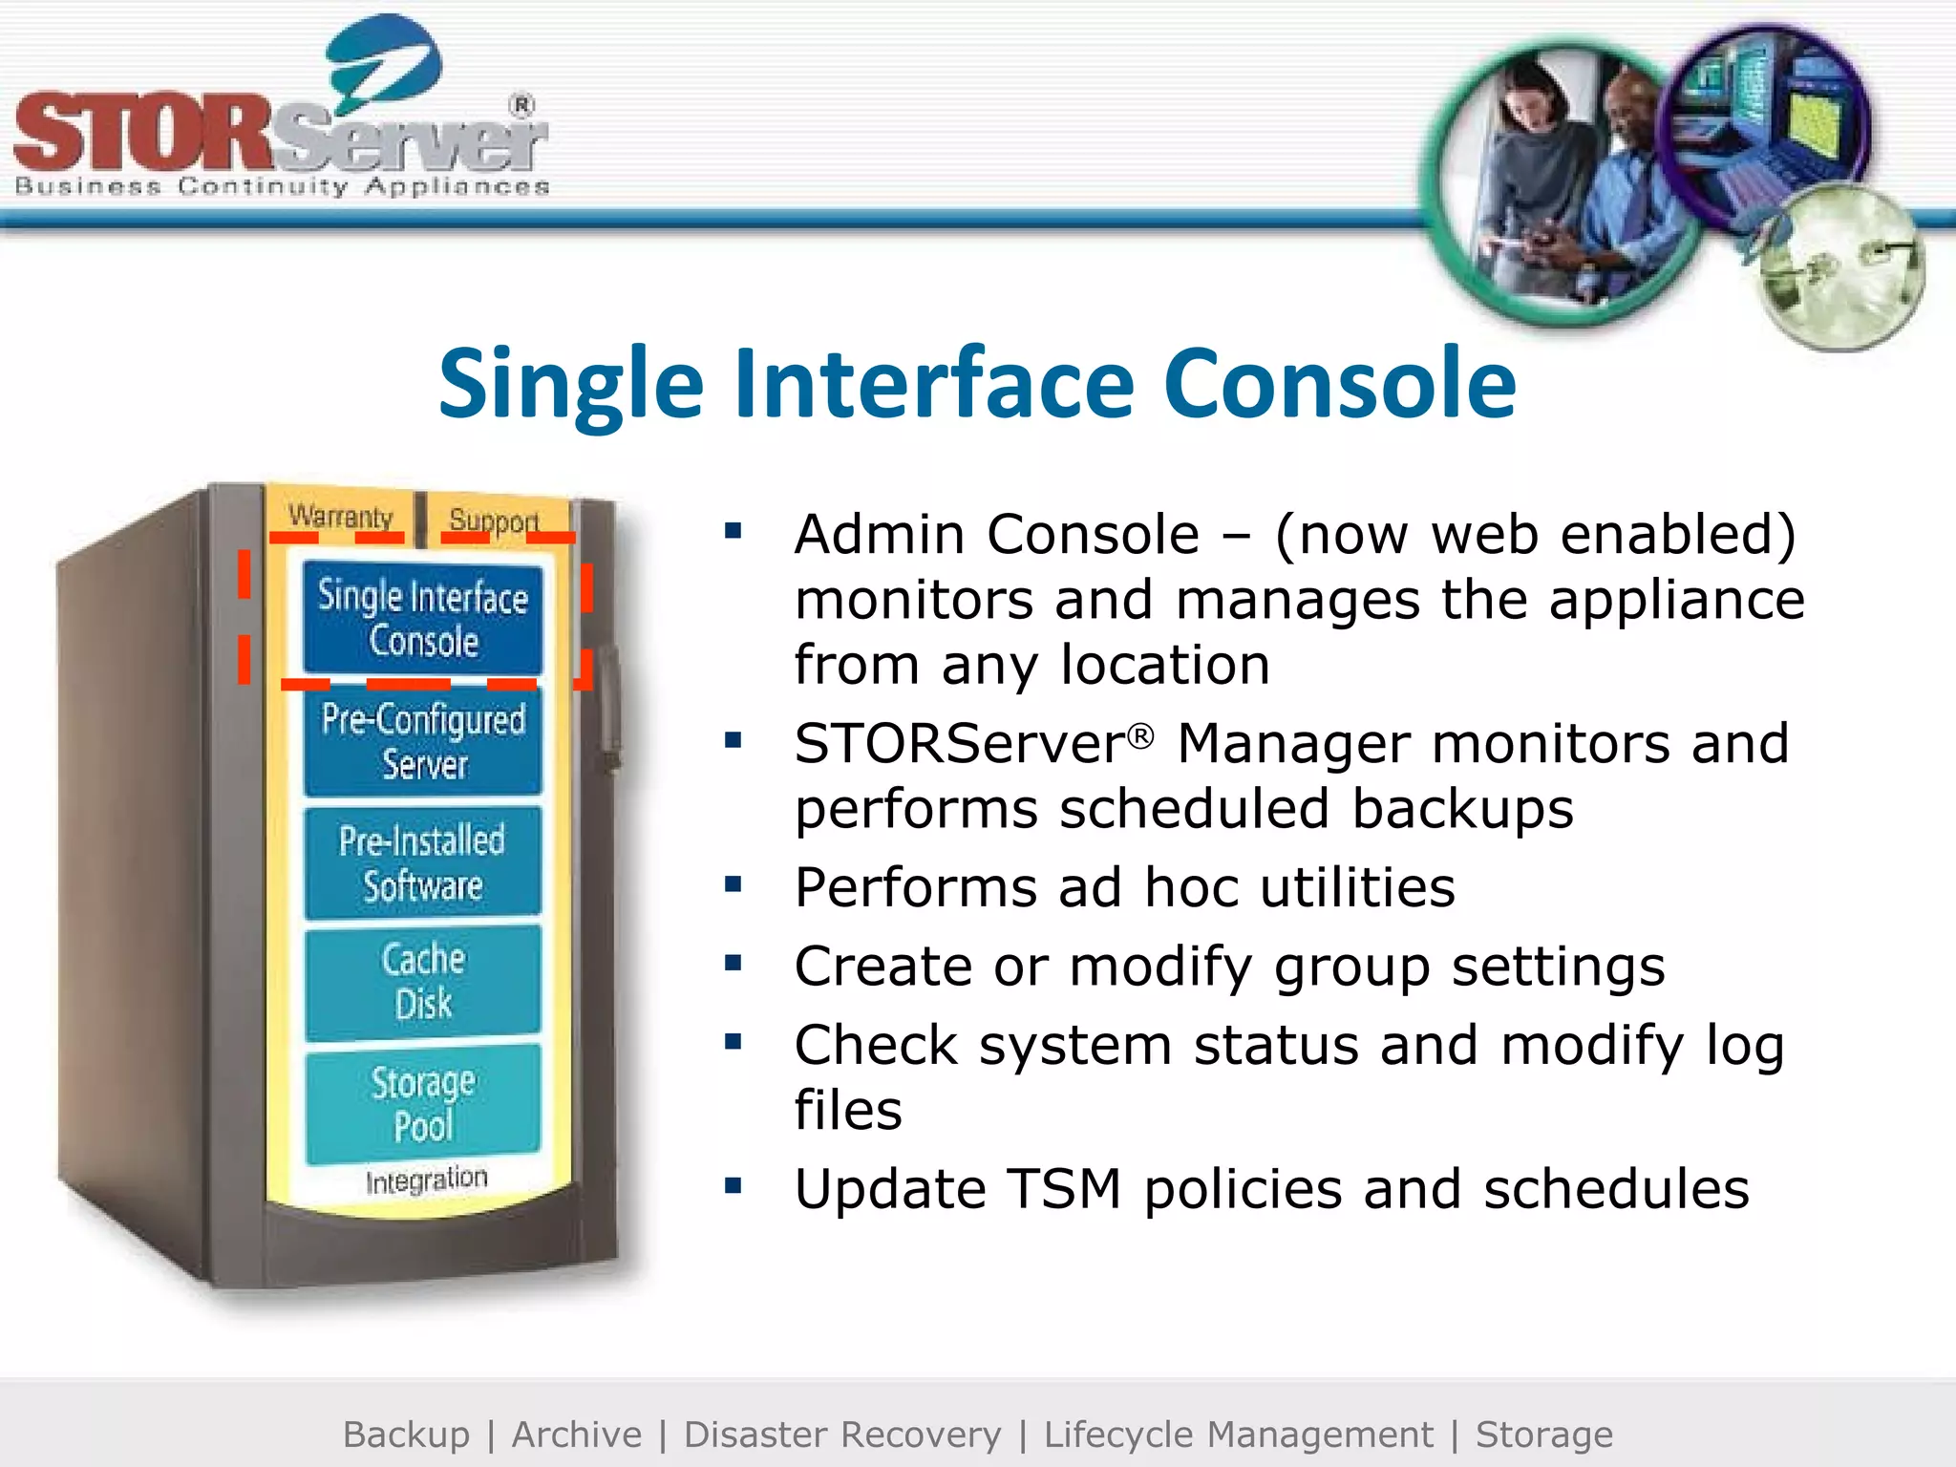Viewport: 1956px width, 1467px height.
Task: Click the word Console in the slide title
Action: [x=1339, y=384]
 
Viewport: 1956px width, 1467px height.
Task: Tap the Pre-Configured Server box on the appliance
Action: [x=423, y=741]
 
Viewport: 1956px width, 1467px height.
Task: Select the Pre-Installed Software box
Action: [x=423, y=862]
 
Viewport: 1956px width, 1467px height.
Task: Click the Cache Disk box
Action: [x=423, y=981]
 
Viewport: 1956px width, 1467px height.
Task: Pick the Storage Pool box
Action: [x=423, y=1103]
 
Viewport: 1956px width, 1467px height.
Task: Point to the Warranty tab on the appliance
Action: [x=341, y=517]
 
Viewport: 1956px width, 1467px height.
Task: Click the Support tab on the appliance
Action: [x=494, y=521]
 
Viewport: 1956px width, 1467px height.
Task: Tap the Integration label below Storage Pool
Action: [x=426, y=1180]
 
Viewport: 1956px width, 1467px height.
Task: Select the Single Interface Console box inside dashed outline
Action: [x=423, y=618]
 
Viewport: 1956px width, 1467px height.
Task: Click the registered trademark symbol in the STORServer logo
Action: [x=521, y=105]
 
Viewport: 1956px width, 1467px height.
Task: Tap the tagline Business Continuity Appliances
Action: [x=282, y=186]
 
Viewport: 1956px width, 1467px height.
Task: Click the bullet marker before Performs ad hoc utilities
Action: [x=733, y=885]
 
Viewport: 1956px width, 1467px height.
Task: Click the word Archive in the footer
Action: [x=577, y=1435]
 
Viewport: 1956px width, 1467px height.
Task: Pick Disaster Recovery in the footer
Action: [x=842, y=1435]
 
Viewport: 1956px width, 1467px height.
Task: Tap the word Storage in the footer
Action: [x=1543, y=1435]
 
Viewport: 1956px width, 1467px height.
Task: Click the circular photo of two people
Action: [x=1562, y=181]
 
